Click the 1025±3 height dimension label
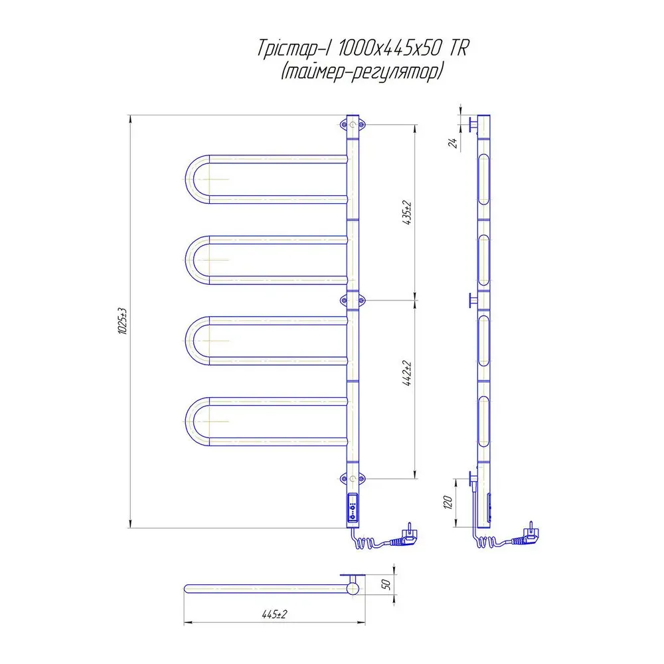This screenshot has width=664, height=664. [122, 321]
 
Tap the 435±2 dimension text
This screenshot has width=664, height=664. [407, 212]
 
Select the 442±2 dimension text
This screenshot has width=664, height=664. [407, 373]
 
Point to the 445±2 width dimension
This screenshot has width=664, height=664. [274, 614]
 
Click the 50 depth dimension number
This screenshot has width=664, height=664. [386, 584]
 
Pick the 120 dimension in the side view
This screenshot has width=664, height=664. [448, 503]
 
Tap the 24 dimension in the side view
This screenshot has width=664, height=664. [453, 143]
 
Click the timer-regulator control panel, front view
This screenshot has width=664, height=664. [353, 508]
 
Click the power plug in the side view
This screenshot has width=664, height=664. [527, 537]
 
